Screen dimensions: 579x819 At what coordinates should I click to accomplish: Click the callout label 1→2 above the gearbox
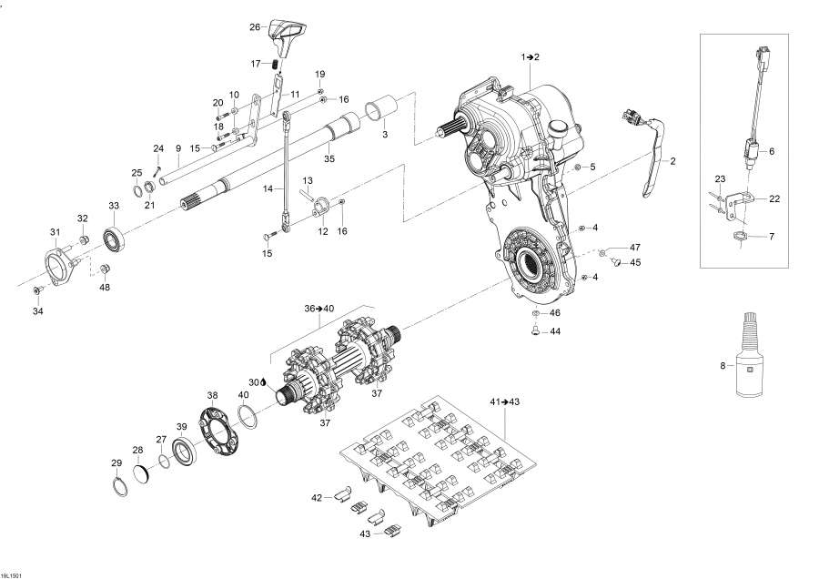pos(530,57)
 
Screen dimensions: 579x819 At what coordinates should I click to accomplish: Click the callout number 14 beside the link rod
pos(268,189)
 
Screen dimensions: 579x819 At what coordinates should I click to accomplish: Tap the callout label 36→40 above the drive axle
pos(320,309)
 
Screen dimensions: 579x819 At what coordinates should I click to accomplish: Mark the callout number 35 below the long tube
pos(329,159)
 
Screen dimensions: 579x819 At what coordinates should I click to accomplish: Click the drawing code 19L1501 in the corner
pos(13,574)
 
